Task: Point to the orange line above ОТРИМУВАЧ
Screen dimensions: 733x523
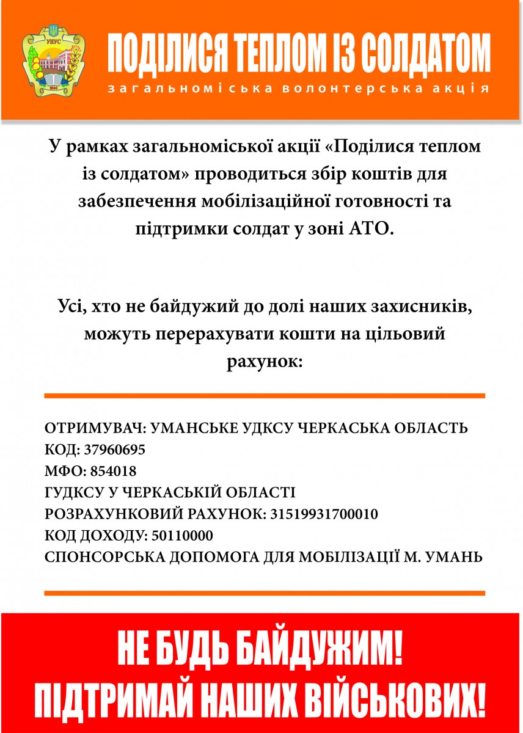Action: [265, 396]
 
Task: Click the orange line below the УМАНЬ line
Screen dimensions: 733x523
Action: [265, 593]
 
